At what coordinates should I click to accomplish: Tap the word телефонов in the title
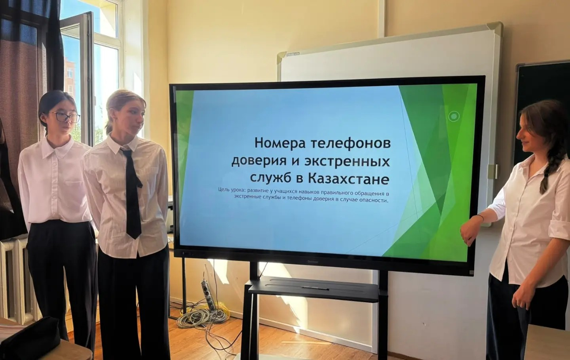click(x=351, y=144)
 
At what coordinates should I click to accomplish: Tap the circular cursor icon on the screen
click(x=454, y=116)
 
